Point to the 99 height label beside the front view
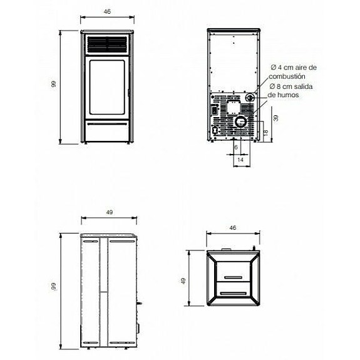(54, 85)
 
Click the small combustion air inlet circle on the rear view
(250, 97)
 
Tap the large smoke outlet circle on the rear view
(241, 123)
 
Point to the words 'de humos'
(280, 95)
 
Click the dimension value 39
(276, 117)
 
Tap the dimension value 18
(265, 132)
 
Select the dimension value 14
(241, 160)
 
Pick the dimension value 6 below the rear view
(235, 147)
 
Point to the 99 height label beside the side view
(54, 287)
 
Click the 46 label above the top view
(233, 228)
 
